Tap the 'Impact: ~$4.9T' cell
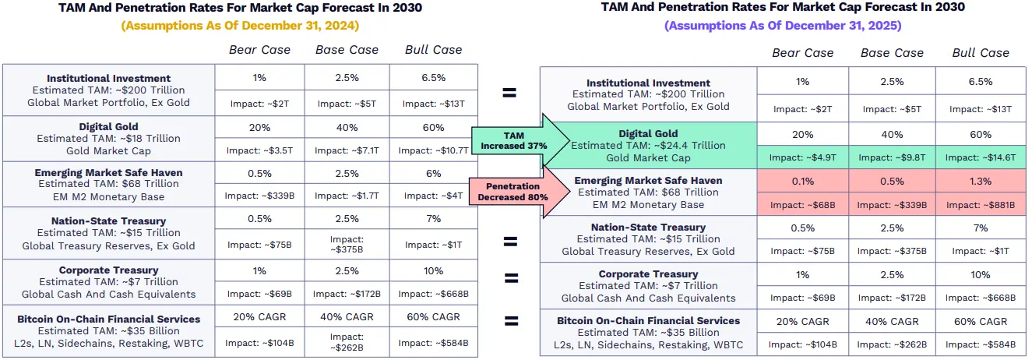click(803, 157)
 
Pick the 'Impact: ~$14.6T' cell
click(981, 157)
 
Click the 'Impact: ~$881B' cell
click(981, 206)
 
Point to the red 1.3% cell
click(981, 181)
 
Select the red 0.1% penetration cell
click(803, 181)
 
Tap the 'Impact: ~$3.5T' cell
click(259, 150)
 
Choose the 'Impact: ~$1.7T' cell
click(347, 196)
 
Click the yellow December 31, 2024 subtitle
click(240, 25)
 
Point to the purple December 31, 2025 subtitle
click(783, 25)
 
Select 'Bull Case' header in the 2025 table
click(981, 53)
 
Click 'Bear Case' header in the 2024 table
click(259, 50)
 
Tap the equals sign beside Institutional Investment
click(509, 92)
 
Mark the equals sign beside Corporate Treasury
click(510, 279)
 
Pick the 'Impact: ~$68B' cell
click(803, 206)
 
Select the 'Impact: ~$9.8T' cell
click(892, 157)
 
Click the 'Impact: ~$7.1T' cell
click(347, 150)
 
